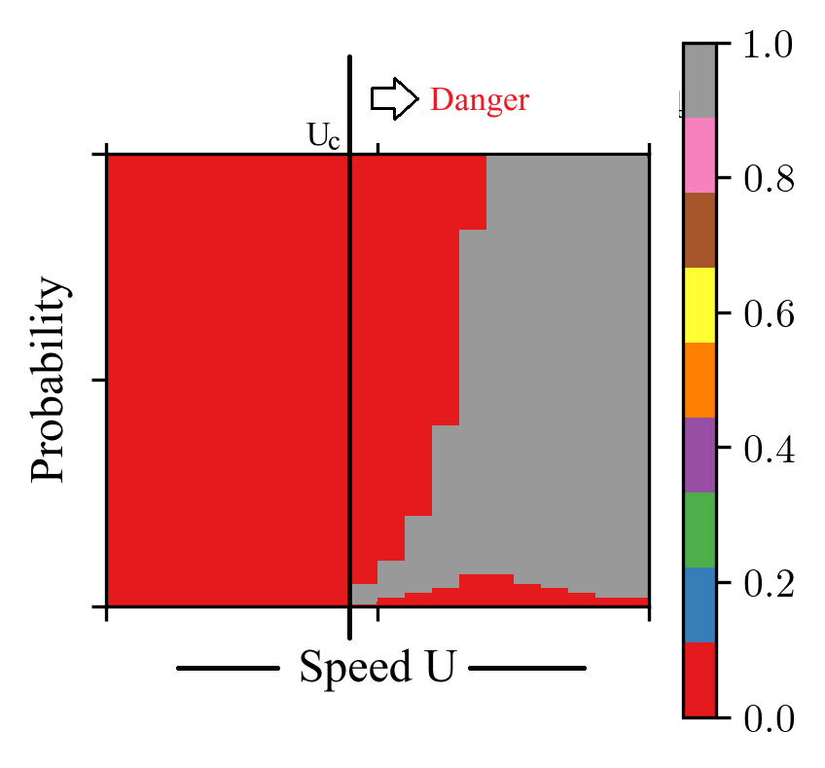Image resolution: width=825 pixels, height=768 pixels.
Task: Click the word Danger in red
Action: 480,100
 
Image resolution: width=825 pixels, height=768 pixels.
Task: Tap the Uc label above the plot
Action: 324,137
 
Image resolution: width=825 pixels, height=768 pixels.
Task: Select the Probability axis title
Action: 50,381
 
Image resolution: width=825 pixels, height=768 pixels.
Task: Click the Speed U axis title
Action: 377,669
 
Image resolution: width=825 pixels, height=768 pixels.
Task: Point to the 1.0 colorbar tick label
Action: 769,46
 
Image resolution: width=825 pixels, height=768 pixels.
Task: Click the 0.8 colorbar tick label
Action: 769,180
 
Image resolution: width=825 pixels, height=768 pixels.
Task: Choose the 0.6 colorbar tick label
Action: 769,314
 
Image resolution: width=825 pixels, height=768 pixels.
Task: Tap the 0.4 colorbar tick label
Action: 769,450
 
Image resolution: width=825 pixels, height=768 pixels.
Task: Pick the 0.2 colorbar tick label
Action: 769,584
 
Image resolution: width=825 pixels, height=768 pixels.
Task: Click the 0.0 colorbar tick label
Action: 769,718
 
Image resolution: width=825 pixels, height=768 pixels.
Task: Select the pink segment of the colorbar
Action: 699,156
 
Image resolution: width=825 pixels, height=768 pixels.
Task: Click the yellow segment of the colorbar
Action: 699,305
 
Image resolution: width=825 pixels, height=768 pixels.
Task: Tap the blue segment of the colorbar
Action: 699,604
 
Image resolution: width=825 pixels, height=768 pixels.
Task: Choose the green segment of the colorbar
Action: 699,530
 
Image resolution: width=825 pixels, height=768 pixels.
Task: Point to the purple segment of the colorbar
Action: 699,455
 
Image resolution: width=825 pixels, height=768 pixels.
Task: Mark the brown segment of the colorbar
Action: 699,230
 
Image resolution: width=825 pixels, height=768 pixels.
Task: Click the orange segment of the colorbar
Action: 699,380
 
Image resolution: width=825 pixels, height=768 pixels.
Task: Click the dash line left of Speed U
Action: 228,669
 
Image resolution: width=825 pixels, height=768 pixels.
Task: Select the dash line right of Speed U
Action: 526,669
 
